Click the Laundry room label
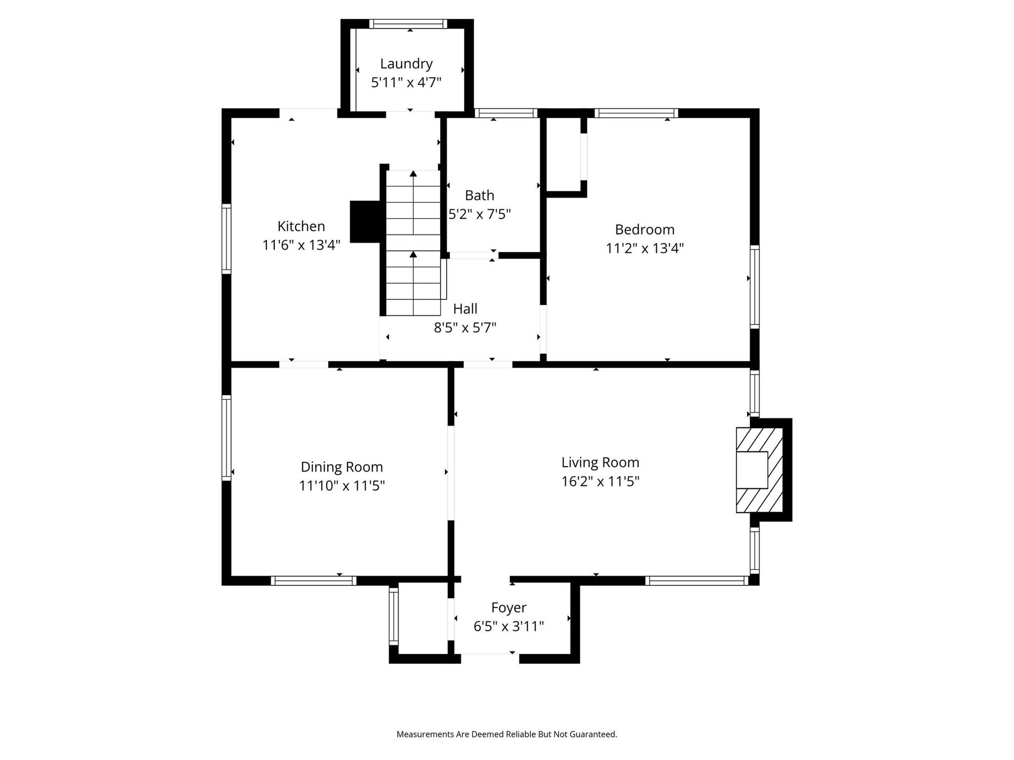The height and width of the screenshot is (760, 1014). [x=406, y=64]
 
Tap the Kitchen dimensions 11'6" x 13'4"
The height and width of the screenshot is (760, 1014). [x=301, y=245]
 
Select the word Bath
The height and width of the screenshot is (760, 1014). [x=479, y=195]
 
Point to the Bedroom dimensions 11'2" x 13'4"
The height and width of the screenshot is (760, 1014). [x=645, y=248]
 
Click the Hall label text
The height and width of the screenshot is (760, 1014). [x=465, y=309]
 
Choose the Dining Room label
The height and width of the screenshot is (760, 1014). [x=342, y=467]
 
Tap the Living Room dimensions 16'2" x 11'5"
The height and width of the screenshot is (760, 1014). [x=600, y=481]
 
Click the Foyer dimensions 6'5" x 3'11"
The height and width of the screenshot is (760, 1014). [x=508, y=626]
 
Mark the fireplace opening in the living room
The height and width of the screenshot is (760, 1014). [x=752, y=470]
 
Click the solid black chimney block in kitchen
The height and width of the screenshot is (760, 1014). [x=365, y=222]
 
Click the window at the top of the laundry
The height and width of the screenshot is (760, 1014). [x=408, y=24]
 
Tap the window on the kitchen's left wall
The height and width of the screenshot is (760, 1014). [x=226, y=238]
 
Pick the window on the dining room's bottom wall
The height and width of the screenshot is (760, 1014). [x=313, y=580]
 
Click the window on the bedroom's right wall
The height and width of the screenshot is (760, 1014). [x=754, y=286]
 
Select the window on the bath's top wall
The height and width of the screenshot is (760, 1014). [x=506, y=113]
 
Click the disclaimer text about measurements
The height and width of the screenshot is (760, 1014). [x=507, y=734]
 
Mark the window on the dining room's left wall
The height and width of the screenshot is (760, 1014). [x=226, y=437]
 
